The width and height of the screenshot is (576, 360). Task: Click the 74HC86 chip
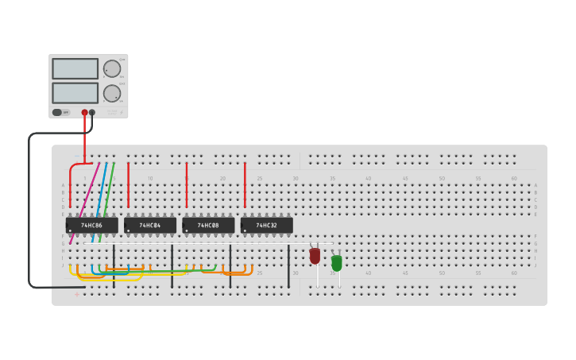[91, 226]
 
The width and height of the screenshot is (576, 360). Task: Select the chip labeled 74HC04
[150, 226]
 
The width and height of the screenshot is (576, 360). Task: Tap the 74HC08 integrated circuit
[208, 226]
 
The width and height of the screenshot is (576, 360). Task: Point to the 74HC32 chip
[267, 226]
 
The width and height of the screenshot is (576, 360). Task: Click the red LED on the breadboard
[315, 256]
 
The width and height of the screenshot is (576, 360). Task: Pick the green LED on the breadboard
[337, 262]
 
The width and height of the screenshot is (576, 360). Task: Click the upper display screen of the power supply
[75, 68]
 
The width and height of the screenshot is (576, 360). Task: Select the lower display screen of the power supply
[75, 93]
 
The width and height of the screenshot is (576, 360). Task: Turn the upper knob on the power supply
[111, 68]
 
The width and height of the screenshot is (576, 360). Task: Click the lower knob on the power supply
[111, 93]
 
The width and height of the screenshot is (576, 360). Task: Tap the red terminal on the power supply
[84, 113]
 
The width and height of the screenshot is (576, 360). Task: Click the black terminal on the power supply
[92, 113]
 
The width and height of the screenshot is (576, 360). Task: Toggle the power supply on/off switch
[58, 113]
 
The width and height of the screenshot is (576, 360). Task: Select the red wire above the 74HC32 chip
[245, 184]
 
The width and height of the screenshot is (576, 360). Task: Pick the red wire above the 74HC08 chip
[187, 184]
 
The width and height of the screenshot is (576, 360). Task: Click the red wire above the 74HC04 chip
[128, 184]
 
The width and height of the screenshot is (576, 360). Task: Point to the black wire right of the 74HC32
[288, 266]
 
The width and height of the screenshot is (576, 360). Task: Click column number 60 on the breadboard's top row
[514, 178]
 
